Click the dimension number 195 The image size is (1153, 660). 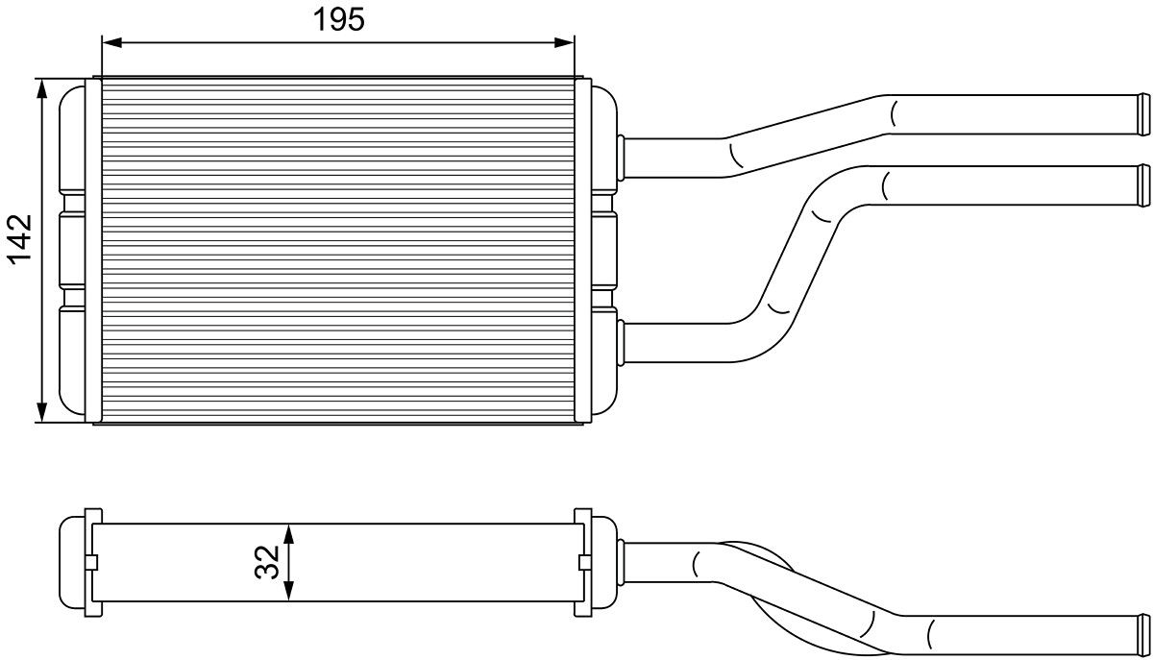[x=338, y=19]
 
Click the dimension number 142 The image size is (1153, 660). [x=20, y=239]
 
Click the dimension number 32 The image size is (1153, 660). [x=267, y=562]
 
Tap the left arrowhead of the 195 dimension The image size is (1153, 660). [x=111, y=42]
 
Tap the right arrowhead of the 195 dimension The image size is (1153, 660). [x=564, y=42]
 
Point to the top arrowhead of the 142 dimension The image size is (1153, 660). [x=42, y=88]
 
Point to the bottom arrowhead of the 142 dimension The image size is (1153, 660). [x=42, y=412]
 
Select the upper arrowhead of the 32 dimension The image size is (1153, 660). [x=289, y=534]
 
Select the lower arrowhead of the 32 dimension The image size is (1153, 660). [x=289, y=591]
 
